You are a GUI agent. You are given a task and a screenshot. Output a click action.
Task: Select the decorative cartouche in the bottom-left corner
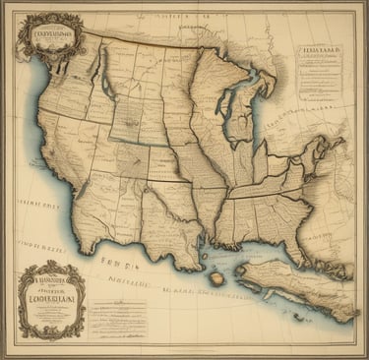[x=51, y=299]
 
